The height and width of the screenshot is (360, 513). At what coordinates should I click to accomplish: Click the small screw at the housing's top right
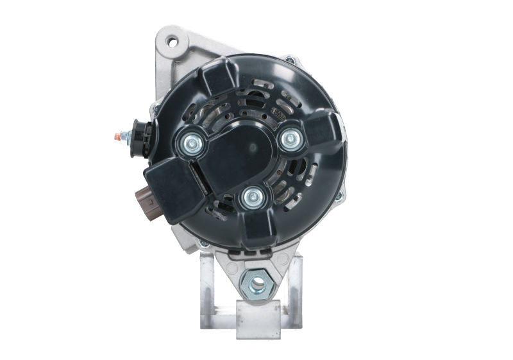click(290, 61)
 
